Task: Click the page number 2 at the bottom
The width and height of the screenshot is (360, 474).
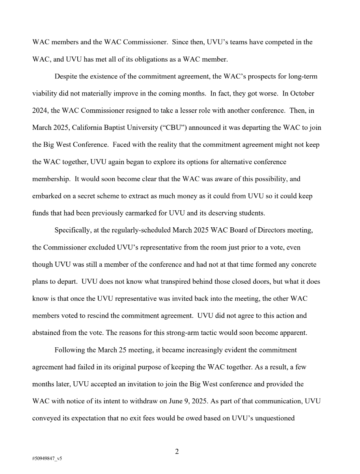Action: (177, 452)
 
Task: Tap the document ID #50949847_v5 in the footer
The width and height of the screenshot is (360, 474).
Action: (47, 459)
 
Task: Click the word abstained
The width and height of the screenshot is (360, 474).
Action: (46, 333)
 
